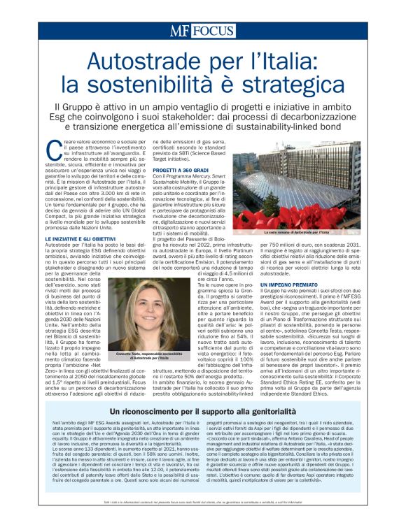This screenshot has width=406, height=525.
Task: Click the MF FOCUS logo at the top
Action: (x=202, y=31)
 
